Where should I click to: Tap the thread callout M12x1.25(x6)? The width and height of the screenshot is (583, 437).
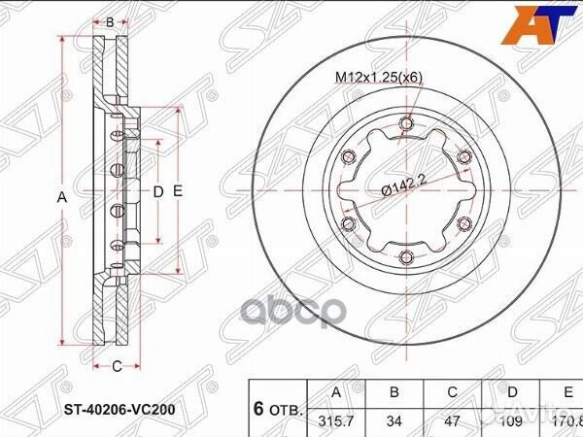point(377,78)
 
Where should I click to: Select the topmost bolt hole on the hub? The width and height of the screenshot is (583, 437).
point(404,122)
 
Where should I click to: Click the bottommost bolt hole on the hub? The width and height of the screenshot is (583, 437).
point(404,257)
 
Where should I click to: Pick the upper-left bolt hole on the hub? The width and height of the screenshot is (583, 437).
point(346,156)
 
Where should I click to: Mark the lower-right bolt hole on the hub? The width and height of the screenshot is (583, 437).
point(463,224)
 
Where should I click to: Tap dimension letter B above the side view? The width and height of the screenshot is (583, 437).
point(110,21)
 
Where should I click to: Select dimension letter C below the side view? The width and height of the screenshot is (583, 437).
point(116,366)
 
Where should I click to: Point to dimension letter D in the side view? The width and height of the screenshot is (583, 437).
point(157,192)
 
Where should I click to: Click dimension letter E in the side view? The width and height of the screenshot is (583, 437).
point(178,192)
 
